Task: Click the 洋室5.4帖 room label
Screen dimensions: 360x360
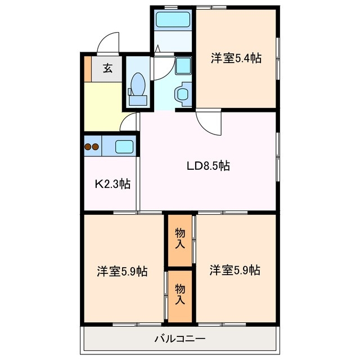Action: pyautogui.click(x=236, y=58)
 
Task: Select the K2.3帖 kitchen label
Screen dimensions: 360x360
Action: pyautogui.click(x=112, y=183)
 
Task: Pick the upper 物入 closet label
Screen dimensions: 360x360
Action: pyautogui.click(x=180, y=237)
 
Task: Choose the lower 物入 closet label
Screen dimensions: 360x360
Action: pyautogui.click(x=180, y=294)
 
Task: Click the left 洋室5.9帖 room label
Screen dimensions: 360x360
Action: pyautogui.click(x=122, y=272)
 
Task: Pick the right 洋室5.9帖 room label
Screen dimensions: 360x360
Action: pyautogui.click(x=235, y=271)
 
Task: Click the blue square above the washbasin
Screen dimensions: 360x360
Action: pyautogui.click(x=183, y=66)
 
